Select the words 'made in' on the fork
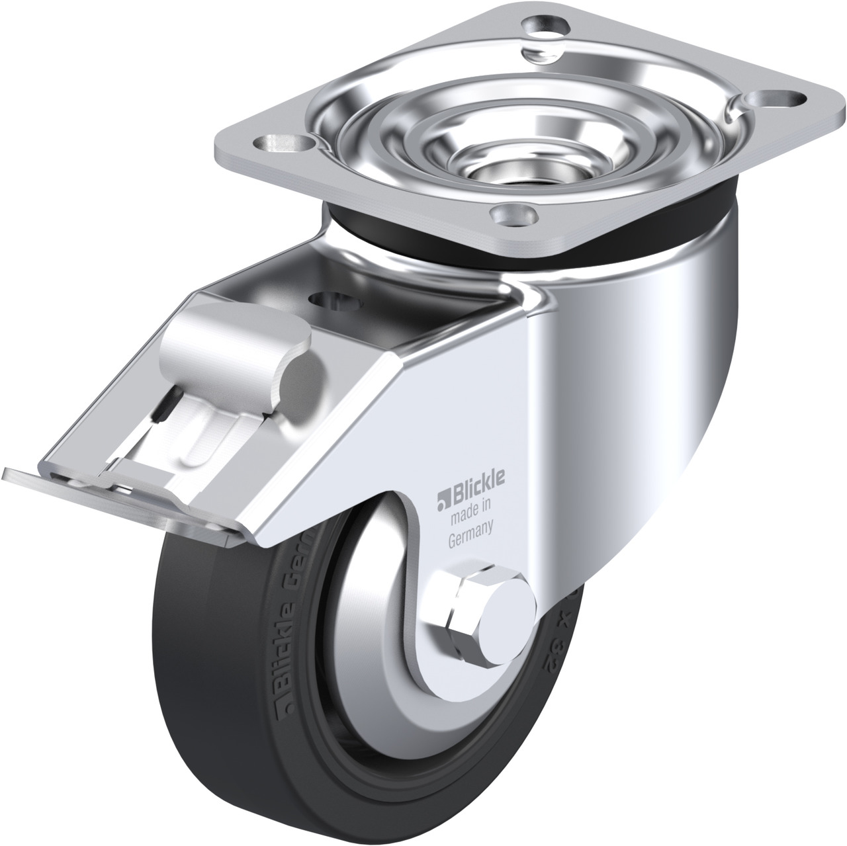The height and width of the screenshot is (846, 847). click(468, 508)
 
